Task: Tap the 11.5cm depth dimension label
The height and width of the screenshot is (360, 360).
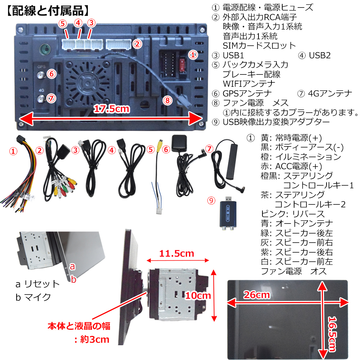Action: [x=176, y=253]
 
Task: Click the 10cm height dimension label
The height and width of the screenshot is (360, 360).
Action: [x=198, y=296]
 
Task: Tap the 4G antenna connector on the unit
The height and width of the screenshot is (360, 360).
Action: [x=41, y=98]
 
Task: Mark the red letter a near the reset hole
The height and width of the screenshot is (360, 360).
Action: [x=72, y=266]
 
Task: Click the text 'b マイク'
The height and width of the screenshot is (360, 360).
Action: [x=33, y=297]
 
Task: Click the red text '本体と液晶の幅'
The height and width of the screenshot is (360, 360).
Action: [x=79, y=327]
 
